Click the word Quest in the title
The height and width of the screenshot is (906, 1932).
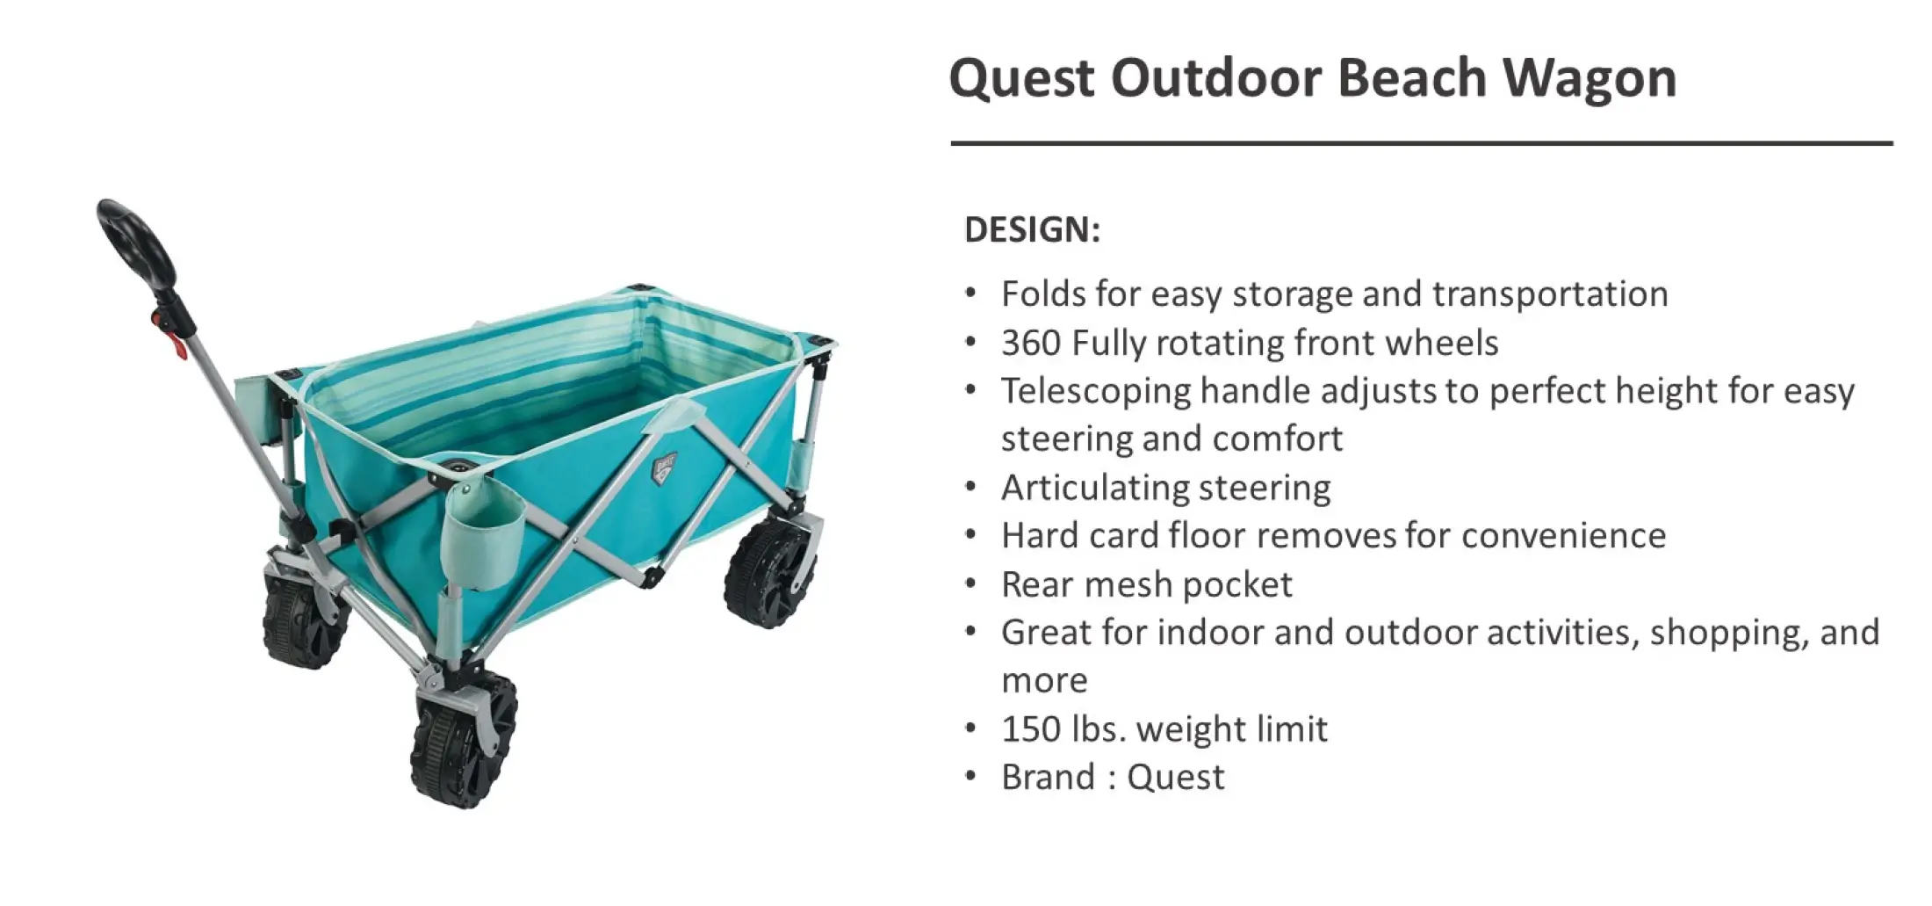pyautogui.click(x=1022, y=79)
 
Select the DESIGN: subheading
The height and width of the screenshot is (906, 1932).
pyautogui.click(x=1032, y=229)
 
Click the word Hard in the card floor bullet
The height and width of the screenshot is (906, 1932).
pyautogui.click(x=1036, y=536)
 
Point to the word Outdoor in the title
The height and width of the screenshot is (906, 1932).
pyautogui.click(x=1216, y=79)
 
